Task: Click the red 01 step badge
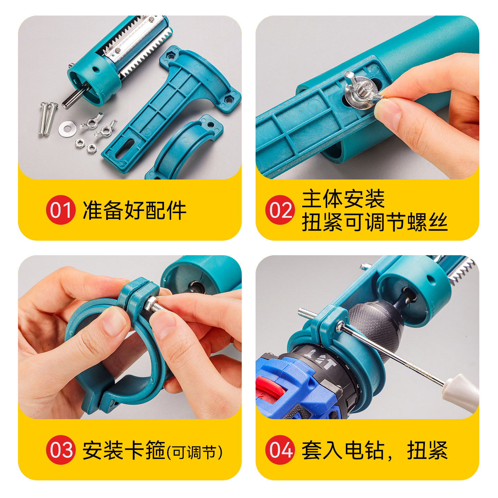pos(61,210)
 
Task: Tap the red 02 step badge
pos(280,210)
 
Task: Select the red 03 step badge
pos(61,450)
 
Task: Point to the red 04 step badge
pos(280,450)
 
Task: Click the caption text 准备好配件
pos(134,210)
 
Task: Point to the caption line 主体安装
pos(343,199)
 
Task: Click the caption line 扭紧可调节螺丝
pos(375,222)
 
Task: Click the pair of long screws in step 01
pos(47,118)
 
